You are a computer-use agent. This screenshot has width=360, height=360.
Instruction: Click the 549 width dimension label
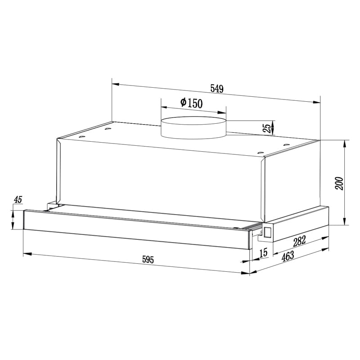pyautogui.click(x=217, y=89)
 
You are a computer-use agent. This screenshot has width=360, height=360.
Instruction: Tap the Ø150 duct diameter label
pyautogui.click(x=192, y=103)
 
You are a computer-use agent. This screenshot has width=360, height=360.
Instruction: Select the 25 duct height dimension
pyautogui.click(x=266, y=128)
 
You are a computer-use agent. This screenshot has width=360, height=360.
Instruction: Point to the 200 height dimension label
pyautogui.click(x=339, y=183)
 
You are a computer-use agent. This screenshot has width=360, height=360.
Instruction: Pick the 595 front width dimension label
pyautogui.click(x=148, y=260)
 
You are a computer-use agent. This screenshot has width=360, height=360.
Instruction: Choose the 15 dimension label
pyautogui.click(x=264, y=252)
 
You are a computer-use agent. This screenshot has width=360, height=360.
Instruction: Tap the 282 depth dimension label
pyautogui.click(x=299, y=241)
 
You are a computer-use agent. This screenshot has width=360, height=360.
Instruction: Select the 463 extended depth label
pyautogui.click(x=288, y=256)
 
